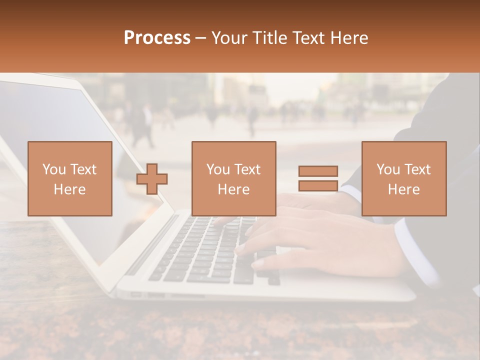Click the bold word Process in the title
(157, 38)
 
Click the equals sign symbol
(318, 178)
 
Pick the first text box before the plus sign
(70, 178)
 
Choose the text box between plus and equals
(233, 178)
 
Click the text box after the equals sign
(403, 178)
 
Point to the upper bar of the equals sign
(318, 171)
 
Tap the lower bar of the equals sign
(318, 185)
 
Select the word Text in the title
(307, 38)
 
